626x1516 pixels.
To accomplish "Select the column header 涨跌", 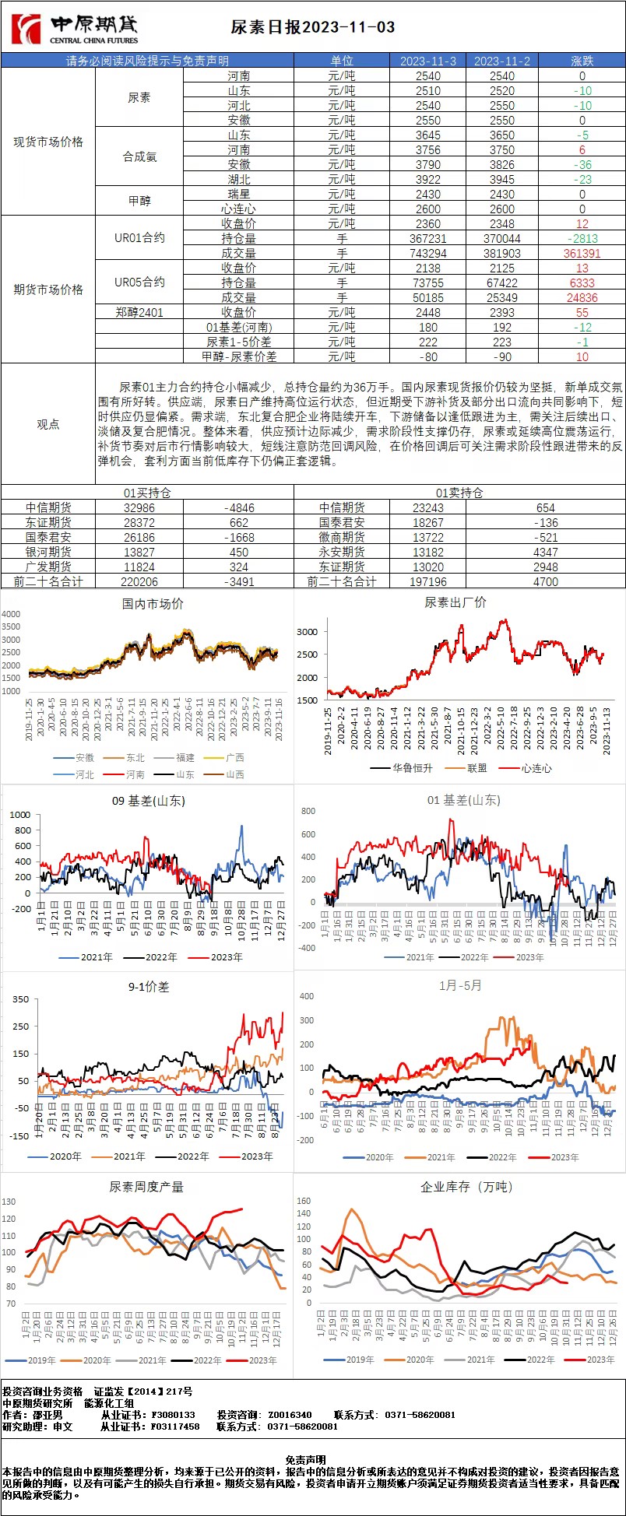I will [582, 61].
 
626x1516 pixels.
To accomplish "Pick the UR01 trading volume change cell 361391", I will [582, 254].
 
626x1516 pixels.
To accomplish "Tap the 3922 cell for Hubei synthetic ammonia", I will [427, 180].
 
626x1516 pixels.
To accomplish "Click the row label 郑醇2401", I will [139, 313].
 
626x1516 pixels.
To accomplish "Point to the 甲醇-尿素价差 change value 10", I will [582, 357].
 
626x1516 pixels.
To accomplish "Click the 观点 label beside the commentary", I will [48, 424].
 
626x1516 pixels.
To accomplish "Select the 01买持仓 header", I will [147, 493].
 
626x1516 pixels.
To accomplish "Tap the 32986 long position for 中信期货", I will [139, 508].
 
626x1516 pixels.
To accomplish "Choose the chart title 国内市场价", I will [153, 604].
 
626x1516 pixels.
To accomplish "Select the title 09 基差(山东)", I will [148, 801].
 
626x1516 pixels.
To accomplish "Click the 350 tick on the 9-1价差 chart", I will [20, 999].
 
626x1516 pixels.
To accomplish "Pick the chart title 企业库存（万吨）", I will [456, 1187].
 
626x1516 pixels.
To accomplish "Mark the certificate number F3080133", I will [173, 1415].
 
